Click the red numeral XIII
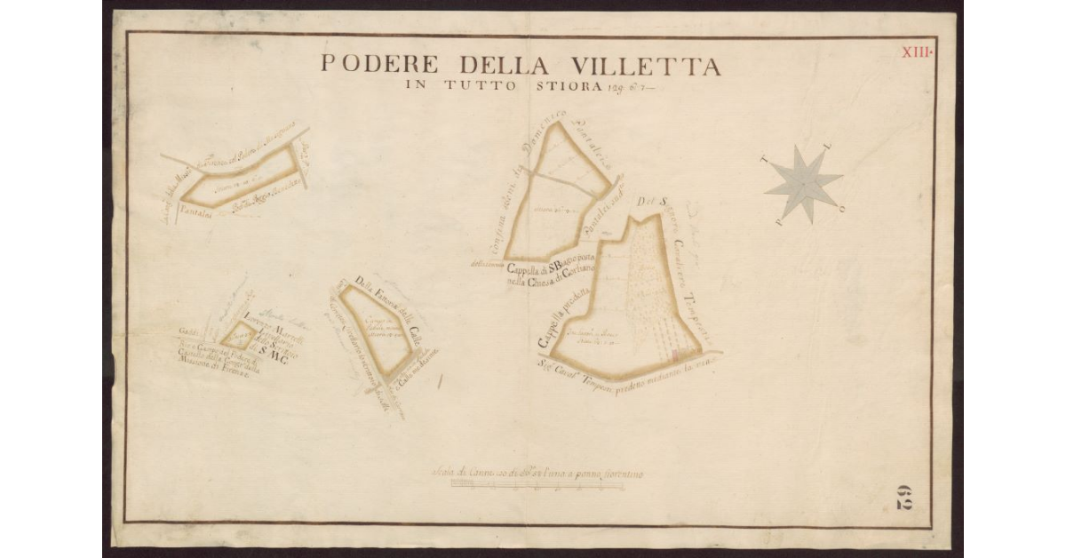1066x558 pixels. [916, 52]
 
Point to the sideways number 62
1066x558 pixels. [903, 498]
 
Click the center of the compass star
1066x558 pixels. [803, 182]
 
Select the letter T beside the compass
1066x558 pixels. [766, 160]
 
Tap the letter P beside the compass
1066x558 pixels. [779, 223]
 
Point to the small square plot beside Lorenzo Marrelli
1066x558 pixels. [237, 335]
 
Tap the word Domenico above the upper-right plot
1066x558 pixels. [543, 139]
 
